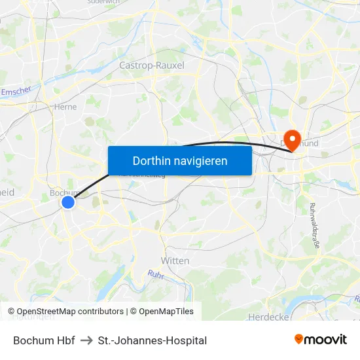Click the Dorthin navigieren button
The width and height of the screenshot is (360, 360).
(x=180, y=160)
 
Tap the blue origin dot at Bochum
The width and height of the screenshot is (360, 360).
(x=68, y=203)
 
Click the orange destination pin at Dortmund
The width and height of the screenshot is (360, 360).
(x=293, y=139)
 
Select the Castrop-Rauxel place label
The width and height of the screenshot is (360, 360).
(x=152, y=65)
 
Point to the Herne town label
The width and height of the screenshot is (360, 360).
(x=65, y=107)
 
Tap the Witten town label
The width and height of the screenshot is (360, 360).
(x=175, y=261)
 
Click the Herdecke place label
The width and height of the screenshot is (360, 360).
(x=268, y=317)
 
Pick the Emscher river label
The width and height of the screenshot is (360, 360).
(x=16, y=91)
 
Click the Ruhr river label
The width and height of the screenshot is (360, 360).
(x=155, y=275)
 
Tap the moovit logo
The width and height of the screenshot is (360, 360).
(x=321, y=339)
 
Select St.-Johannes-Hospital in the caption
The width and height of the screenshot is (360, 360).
(x=152, y=340)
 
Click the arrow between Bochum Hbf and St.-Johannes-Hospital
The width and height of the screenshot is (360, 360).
(x=86, y=340)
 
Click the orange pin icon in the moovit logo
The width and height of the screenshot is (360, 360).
(x=299, y=339)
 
